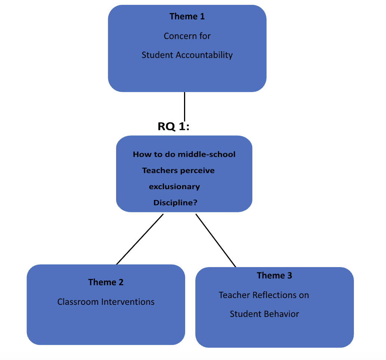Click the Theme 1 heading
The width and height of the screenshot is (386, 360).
tap(187, 16)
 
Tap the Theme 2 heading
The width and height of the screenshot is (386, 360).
tap(106, 282)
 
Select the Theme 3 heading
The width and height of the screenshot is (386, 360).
tap(274, 276)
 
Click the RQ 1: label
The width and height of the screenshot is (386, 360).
tap(174, 126)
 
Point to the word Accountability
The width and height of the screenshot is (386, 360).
tap(204, 55)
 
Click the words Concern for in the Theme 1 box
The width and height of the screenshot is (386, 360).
tap(187, 36)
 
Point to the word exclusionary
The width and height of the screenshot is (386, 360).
tap(174, 187)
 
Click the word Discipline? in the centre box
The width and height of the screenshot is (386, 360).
tap(175, 203)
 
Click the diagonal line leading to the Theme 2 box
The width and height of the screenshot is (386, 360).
tap(140, 239)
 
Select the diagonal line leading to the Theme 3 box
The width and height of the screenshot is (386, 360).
tap(216, 240)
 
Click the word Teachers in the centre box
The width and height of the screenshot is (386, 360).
tap(159, 170)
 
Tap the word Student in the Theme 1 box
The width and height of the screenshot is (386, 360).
tap(157, 55)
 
